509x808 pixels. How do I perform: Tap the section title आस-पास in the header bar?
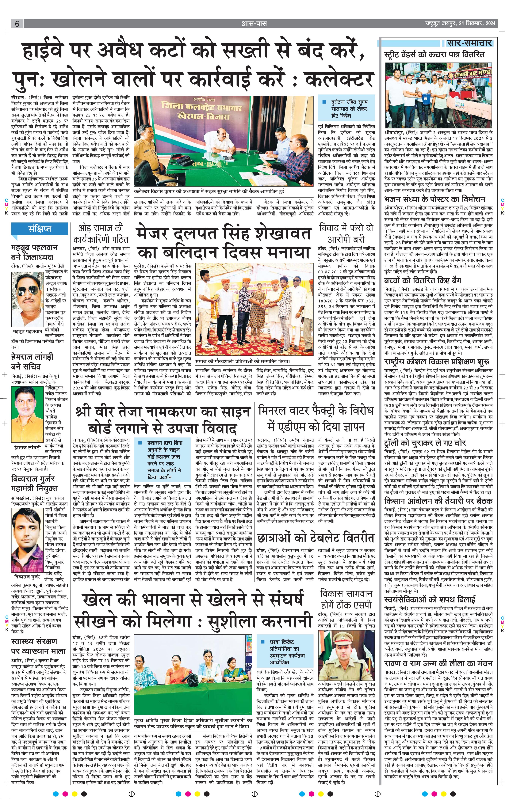pyautogui.click(x=254, y=24)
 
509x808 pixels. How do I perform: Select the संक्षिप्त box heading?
pyautogui.click(x=39, y=229)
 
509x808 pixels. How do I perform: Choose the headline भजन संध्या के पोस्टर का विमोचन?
pyautogui.click(x=435, y=199)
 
